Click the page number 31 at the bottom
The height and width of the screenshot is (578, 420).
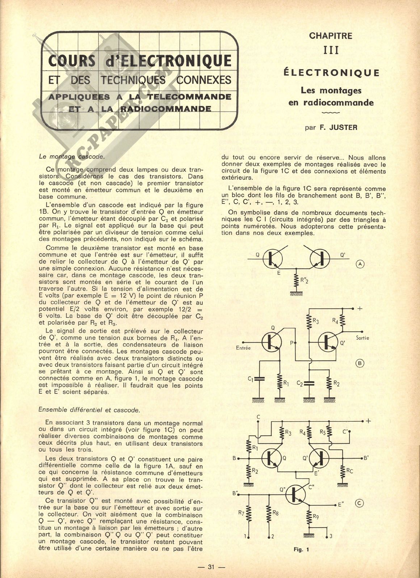pos(211,567)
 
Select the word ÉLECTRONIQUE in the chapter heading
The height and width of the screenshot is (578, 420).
pos(331,73)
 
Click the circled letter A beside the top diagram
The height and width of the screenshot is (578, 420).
pos(360,264)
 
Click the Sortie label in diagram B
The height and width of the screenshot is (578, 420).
pos(362,338)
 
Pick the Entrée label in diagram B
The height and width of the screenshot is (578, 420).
pos(243,348)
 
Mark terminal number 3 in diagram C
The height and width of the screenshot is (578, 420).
pos(331,536)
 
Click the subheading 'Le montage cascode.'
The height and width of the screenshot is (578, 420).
pos(72,157)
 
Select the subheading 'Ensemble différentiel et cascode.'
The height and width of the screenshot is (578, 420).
pos(89,410)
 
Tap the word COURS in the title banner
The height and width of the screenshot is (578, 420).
pos(72,61)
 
